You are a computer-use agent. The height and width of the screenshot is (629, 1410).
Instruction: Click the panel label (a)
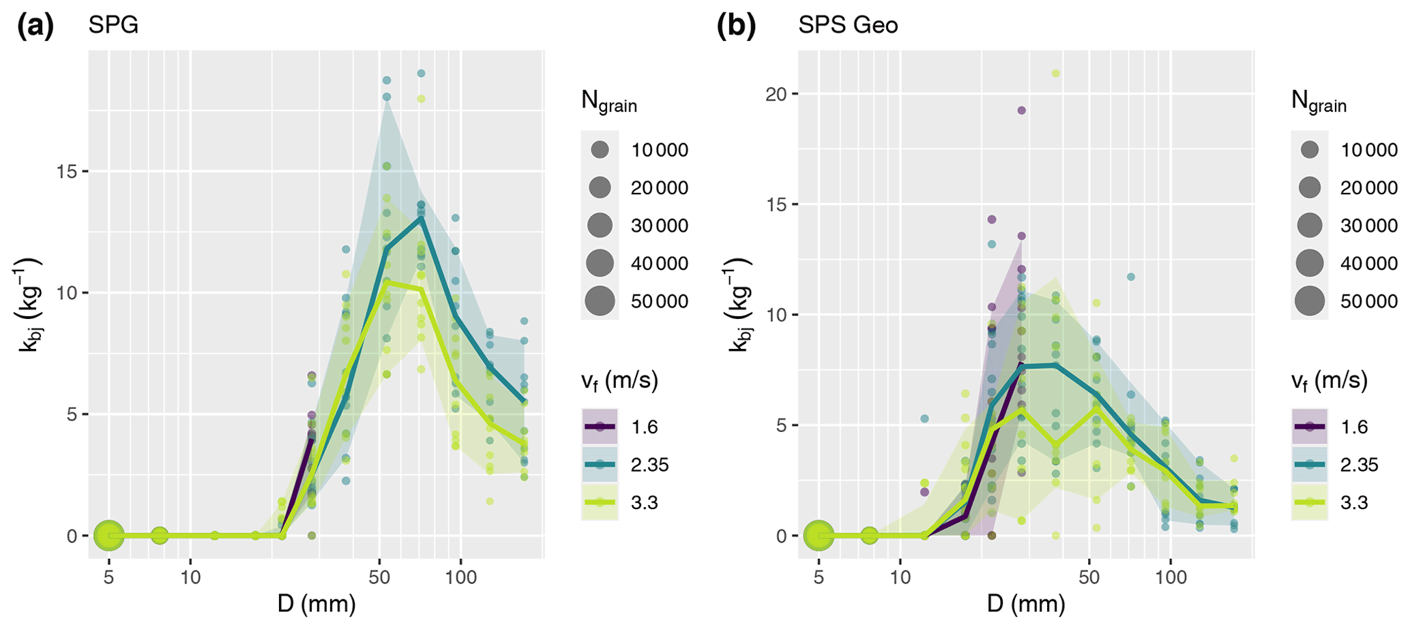click(x=35, y=26)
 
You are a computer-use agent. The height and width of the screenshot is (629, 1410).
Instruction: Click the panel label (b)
click(x=736, y=26)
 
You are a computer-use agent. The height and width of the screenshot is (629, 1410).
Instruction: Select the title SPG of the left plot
click(x=113, y=26)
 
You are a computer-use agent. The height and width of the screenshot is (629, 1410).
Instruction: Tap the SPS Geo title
click(x=848, y=26)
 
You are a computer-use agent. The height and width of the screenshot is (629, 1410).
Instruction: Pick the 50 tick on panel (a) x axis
click(x=379, y=578)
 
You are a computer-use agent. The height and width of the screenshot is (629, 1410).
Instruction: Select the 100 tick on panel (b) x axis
click(x=1171, y=578)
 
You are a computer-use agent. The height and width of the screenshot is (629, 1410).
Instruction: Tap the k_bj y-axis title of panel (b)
click(x=739, y=305)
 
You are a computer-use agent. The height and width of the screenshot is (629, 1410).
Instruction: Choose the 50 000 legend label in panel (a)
click(x=659, y=301)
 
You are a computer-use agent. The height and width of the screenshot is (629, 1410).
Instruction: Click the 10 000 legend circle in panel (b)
click(x=1310, y=150)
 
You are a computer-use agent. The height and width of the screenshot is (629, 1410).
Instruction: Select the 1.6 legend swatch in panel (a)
click(x=600, y=427)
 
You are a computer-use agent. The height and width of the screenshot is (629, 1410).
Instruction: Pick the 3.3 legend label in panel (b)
click(x=1354, y=503)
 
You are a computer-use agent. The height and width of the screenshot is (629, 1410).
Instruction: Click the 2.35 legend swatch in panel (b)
click(x=1310, y=465)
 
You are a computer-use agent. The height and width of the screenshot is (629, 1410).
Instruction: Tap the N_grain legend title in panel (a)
click(x=608, y=102)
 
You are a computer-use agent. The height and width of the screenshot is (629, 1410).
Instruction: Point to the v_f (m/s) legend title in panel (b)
click(x=1329, y=381)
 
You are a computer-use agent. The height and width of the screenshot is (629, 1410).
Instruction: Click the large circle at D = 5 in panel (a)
click(x=108, y=536)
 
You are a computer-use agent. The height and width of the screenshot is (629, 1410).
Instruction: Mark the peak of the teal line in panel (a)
click(x=422, y=217)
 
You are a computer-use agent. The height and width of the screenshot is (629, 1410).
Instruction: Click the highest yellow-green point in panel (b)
click(x=1055, y=73)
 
